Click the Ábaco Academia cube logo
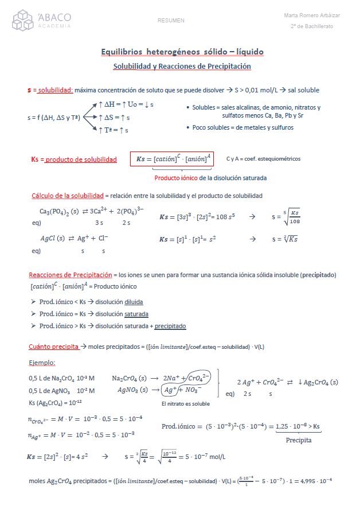(x=24, y=20)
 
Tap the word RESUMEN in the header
(x=171, y=21)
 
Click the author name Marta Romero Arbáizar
(x=312, y=15)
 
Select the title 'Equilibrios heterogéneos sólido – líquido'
(x=182, y=52)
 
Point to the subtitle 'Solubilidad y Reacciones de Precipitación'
(x=182, y=67)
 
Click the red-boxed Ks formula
(x=172, y=159)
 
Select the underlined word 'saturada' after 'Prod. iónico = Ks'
(x=136, y=314)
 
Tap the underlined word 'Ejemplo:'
(x=42, y=363)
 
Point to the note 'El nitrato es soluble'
(x=186, y=404)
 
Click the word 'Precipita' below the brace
(x=299, y=440)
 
